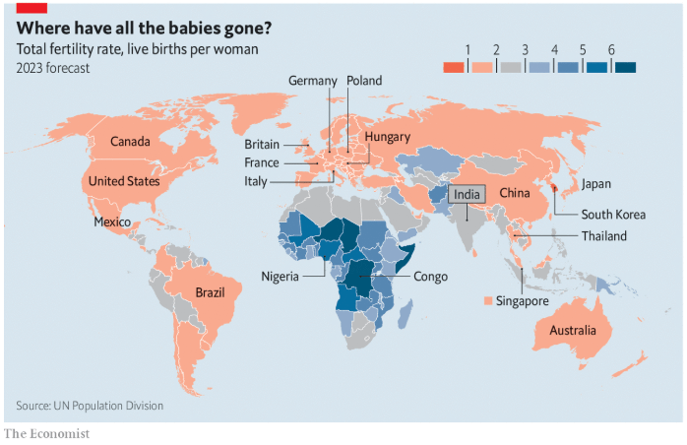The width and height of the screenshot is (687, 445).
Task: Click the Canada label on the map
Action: click(130, 142)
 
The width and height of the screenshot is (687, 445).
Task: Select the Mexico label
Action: click(112, 222)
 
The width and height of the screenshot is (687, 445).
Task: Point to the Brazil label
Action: click(211, 292)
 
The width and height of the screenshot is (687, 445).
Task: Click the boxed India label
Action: click(467, 195)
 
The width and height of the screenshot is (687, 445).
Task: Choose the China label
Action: click(516, 193)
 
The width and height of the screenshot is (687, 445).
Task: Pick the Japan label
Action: click(596, 185)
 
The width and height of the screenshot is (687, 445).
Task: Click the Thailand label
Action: click(603, 236)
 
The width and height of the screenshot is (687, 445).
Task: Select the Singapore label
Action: click(522, 301)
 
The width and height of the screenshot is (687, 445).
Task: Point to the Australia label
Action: click(573, 330)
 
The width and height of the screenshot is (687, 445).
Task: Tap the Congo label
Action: click(430, 277)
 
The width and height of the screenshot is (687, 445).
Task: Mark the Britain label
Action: click(262, 145)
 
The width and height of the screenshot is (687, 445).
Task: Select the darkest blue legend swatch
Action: click(623, 67)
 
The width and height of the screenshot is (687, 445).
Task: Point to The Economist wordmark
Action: click(46, 433)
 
